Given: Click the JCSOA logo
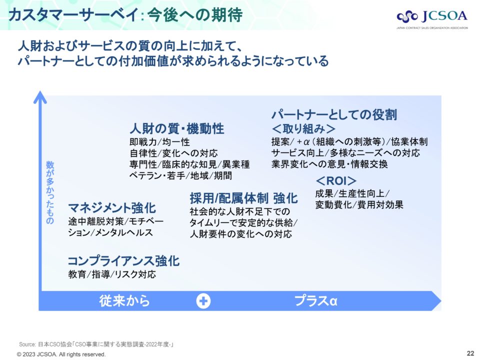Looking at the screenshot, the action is pyautogui.click(x=432, y=19).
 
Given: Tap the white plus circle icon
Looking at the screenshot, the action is pyautogui.click(x=203, y=300).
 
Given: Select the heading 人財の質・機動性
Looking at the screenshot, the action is pyautogui.click(x=177, y=128).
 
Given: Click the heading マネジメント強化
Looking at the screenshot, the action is pyautogui.click(x=112, y=208).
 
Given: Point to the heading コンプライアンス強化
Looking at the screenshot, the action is pyautogui.click(x=123, y=261).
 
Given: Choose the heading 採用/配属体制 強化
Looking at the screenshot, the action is pyautogui.click(x=243, y=198).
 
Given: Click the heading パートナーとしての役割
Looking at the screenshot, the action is pyautogui.click(x=334, y=114).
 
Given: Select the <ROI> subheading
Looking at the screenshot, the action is pyautogui.click(x=336, y=180).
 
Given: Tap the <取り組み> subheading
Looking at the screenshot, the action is pyautogui.click(x=303, y=128).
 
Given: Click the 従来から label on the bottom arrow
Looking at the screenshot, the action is pyautogui.click(x=124, y=300).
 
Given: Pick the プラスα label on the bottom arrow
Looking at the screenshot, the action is pyautogui.click(x=316, y=300).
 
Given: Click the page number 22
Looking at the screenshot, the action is pyautogui.click(x=470, y=353).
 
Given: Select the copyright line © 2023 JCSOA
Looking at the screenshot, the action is pyautogui.click(x=61, y=354).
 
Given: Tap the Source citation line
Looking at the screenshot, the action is pyautogui.click(x=96, y=344).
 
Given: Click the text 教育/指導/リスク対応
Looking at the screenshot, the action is pyautogui.click(x=112, y=274).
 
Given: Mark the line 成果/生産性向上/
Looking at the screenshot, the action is pyautogui.click(x=352, y=193).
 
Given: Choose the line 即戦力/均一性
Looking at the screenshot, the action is pyautogui.click(x=159, y=141).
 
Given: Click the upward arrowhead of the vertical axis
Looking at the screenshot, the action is pyautogui.click(x=40, y=97).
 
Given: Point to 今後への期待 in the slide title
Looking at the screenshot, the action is pyautogui.click(x=195, y=14).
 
